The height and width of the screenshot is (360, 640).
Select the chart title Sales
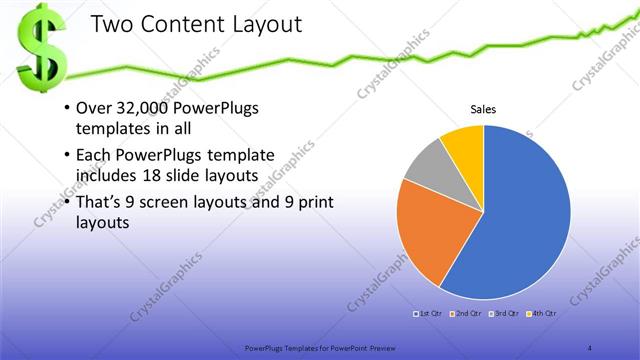coord(484,111)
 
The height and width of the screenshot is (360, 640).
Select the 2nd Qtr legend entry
coord(466,313)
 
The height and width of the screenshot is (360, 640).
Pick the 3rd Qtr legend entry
coord(502,313)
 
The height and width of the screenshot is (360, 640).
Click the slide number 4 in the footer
coord(591,347)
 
